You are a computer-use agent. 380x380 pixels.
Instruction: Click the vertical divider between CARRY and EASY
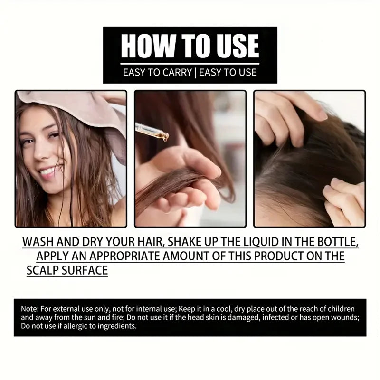[x=195, y=73]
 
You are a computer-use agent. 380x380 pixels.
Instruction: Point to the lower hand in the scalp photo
[x=342, y=199]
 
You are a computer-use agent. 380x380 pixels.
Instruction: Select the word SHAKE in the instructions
[x=186, y=241]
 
